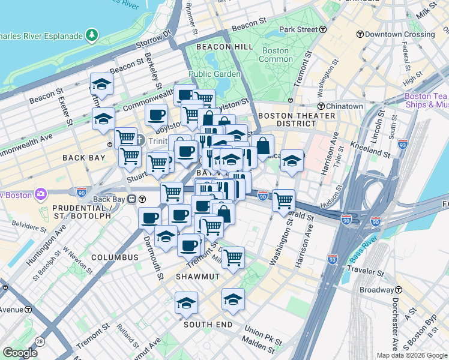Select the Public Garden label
214,74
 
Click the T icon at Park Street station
323,29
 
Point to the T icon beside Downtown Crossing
360,34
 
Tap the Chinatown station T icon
322,106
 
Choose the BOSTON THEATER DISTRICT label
296,119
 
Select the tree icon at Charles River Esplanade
91,35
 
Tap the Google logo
20,353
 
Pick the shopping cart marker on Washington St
283,200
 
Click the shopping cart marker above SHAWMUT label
233,257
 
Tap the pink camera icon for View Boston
40,194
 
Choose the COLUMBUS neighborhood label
115,257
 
